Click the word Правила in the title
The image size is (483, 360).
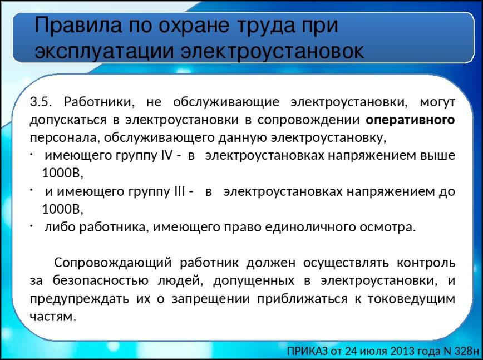click(78, 25)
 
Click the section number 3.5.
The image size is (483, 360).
click(41, 102)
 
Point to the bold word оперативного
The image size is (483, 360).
click(410, 120)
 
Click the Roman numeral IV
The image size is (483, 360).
click(166, 155)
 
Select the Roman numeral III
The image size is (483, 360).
click(180, 191)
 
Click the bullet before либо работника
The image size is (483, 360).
click(32, 226)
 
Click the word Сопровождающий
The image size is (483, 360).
click(113, 263)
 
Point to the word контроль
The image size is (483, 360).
click(426, 263)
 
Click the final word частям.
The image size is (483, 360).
click(53, 317)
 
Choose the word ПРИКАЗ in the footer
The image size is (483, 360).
click(307, 351)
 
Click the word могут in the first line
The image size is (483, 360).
click(437, 102)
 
